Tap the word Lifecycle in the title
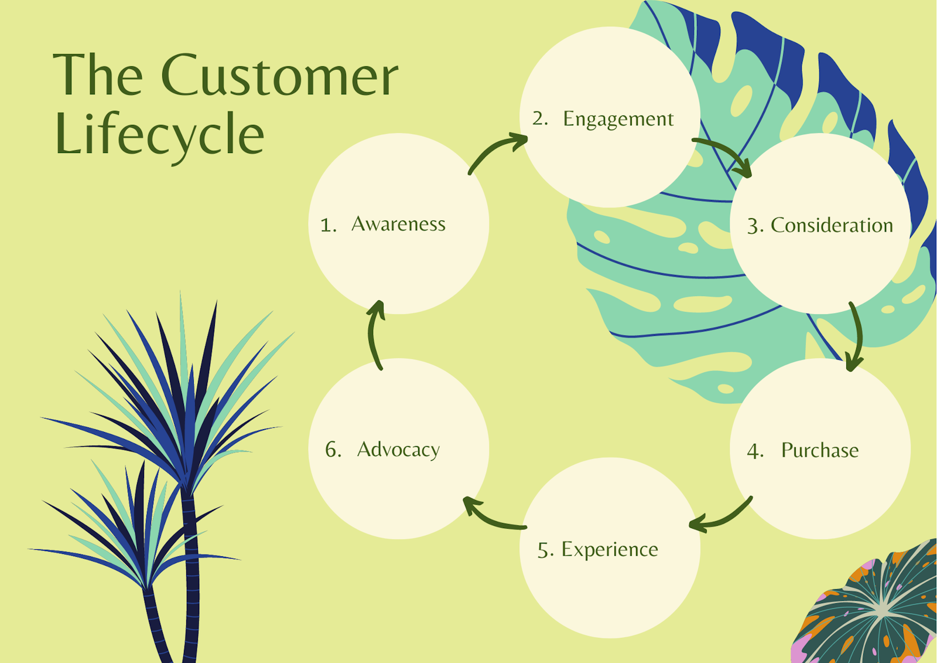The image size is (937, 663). click(159, 135)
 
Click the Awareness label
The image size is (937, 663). click(398, 224)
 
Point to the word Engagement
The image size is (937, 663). click(618, 119)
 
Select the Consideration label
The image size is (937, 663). click(832, 225)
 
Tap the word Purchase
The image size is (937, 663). click(819, 450)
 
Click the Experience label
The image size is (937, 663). click(609, 549)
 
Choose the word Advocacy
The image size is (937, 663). click(398, 450)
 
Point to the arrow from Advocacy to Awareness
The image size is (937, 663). click(374, 334)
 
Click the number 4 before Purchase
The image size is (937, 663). click(754, 451)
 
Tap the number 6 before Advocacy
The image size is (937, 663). click(332, 450)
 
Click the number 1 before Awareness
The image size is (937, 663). click(327, 225)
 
